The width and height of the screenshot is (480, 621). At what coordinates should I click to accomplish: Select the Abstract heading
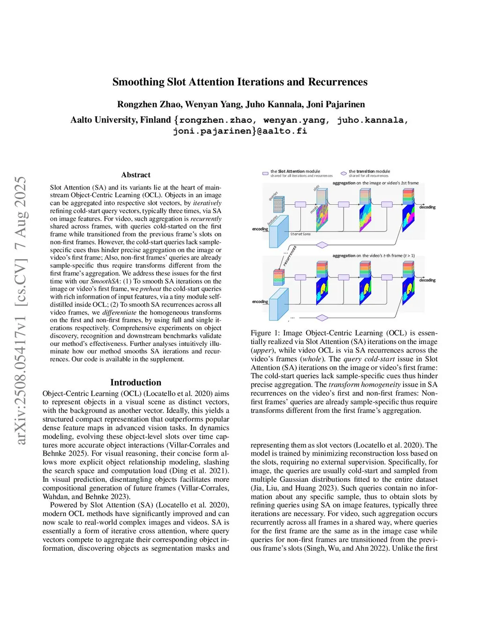[136, 175]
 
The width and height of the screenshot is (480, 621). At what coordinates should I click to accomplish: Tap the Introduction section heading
[135, 382]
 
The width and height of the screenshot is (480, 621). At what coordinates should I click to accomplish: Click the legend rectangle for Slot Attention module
[265, 173]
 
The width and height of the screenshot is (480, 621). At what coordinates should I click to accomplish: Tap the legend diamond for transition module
[344, 173]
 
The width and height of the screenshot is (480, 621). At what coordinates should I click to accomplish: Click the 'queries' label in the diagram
[273, 196]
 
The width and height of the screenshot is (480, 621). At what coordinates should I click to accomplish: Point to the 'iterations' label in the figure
[300, 234]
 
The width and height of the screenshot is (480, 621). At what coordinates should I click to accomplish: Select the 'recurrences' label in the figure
[290, 256]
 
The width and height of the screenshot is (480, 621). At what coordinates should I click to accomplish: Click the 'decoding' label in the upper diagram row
[427, 207]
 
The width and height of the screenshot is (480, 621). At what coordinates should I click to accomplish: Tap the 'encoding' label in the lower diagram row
[260, 302]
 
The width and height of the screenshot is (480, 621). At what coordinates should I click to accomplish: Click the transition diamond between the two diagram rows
[322, 245]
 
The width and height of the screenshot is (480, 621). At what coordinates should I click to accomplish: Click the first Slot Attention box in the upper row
[300, 204]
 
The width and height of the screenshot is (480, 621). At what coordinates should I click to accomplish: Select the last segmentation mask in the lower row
[408, 286]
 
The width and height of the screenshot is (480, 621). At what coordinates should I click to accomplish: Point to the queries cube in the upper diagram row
[279, 205]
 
